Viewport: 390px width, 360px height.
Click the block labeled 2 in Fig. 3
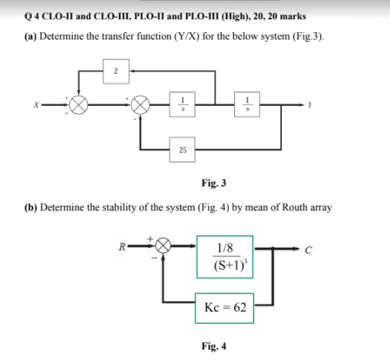(116, 72)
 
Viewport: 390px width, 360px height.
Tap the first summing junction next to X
(77, 106)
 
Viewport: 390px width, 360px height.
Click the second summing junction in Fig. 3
(139, 106)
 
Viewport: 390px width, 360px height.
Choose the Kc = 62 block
(225, 307)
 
